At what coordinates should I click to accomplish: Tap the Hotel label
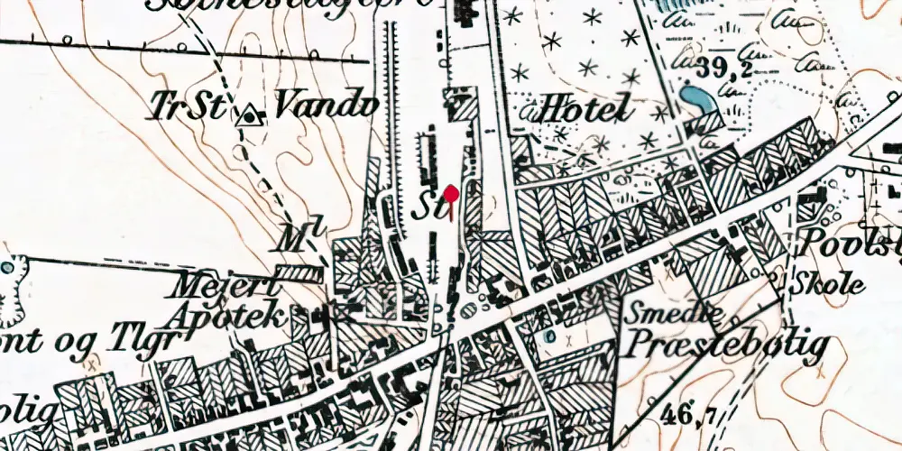(574, 112)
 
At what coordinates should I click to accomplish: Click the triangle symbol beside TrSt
(249, 115)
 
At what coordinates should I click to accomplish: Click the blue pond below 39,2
(695, 97)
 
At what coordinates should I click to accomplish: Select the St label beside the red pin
(425, 209)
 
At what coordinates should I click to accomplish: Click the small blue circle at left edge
(7, 268)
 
